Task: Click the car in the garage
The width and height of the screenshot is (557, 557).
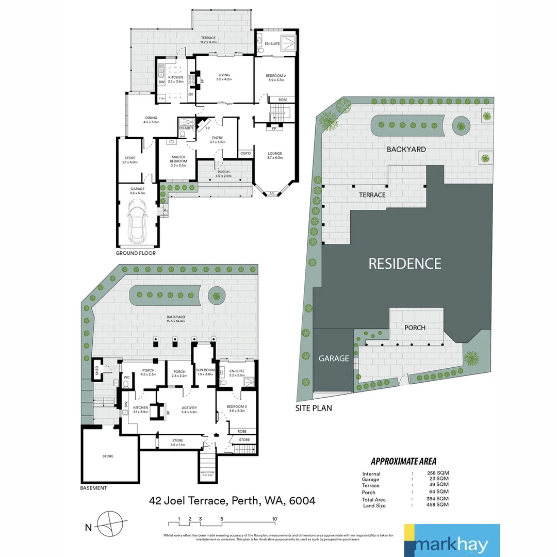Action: click(137, 220)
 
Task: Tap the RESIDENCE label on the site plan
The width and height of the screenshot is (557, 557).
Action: click(404, 264)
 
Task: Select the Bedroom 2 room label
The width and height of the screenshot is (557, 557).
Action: click(275, 78)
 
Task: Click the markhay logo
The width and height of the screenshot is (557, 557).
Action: click(452, 540)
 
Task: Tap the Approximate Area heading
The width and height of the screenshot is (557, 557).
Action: click(403, 462)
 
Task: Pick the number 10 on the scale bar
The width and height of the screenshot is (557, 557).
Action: click(275, 519)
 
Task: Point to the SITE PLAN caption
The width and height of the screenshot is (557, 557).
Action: click(314, 408)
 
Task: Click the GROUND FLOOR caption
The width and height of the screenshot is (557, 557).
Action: click(135, 253)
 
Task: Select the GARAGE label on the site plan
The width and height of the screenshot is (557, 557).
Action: click(333, 358)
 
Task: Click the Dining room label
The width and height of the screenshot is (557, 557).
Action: click(151, 120)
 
